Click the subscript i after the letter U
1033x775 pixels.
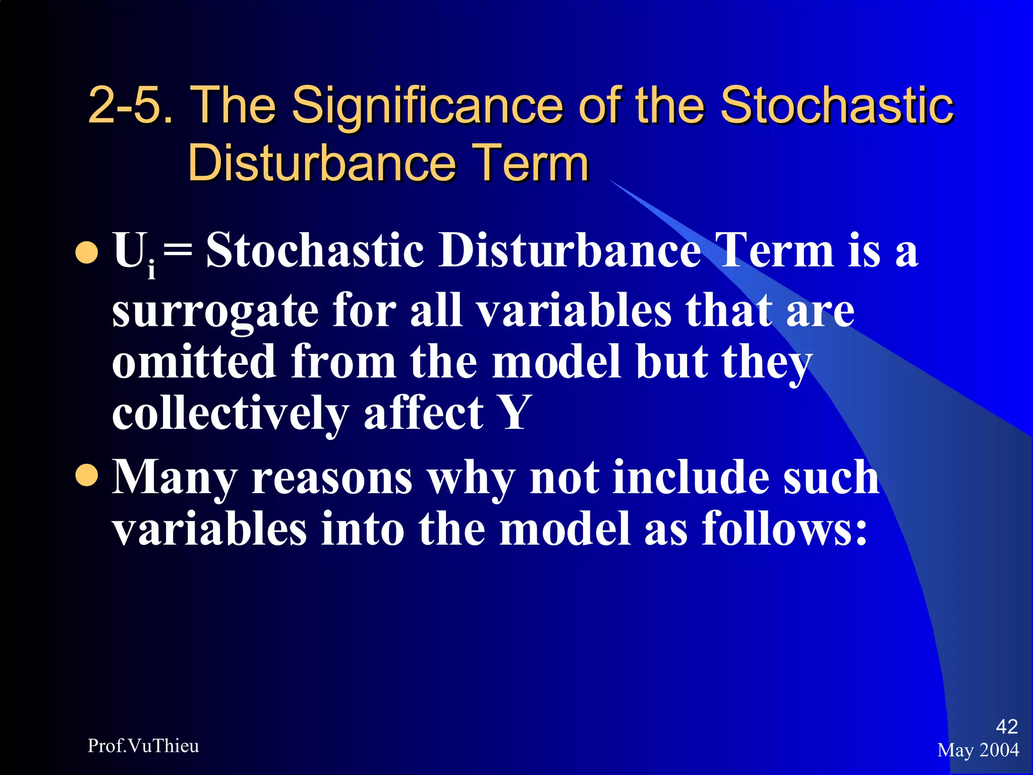pyautogui.click(x=151, y=270)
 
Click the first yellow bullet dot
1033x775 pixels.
pyautogui.click(x=86, y=253)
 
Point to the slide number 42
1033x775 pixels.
pyautogui.click(x=1006, y=727)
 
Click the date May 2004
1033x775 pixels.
pyautogui.click(x=978, y=750)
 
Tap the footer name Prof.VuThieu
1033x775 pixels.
pyautogui.click(x=143, y=746)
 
